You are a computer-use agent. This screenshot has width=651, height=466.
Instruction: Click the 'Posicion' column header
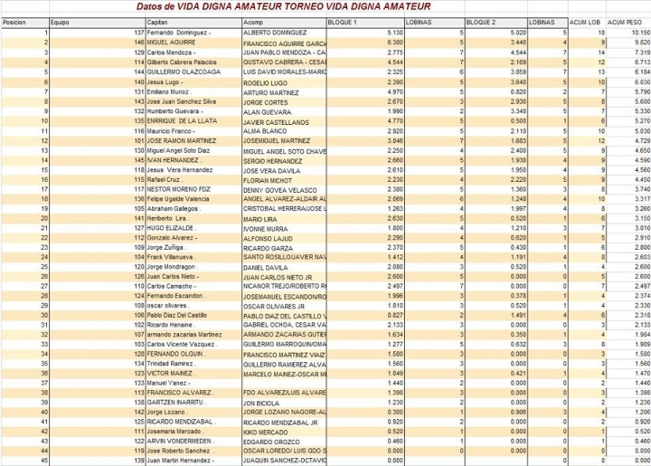[x=14, y=22]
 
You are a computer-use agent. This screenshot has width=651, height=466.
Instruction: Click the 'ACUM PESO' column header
[x=624, y=22]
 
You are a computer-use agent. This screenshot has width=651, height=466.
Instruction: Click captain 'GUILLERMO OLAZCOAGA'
[x=184, y=71]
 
